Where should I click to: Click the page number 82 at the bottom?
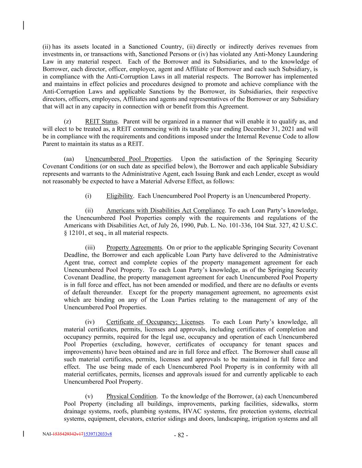(181, 435)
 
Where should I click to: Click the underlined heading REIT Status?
(101, 121)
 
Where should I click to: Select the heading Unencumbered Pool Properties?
(128, 159)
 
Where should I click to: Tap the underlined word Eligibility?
(119, 196)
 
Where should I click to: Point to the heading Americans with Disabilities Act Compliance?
(165, 211)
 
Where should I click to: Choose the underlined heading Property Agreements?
(134, 248)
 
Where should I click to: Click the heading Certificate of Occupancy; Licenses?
(155, 322)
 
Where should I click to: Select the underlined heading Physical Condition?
(131, 396)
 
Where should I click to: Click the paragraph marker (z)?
(68, 121)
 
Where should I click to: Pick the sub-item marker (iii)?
(90, 248)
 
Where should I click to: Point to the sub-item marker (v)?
(89, 396)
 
